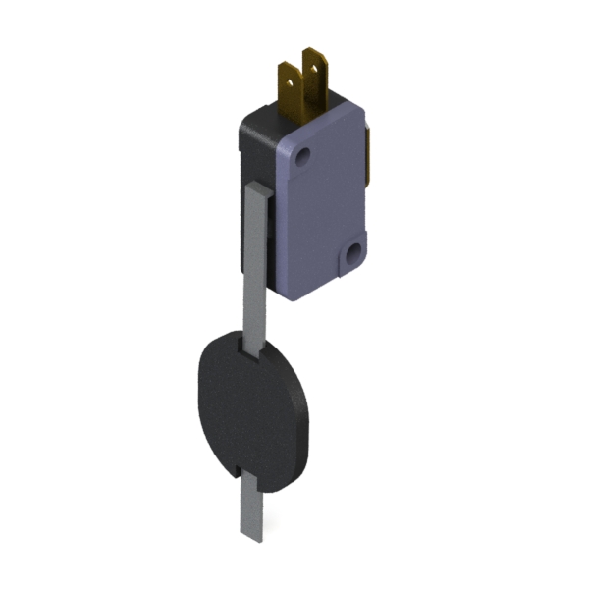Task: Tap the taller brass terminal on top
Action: pyautogui.click(x=316, y=79)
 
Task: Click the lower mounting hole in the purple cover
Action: pyautogui.click(x=352, y=257)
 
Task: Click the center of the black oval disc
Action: pyautogui.click(x=250, y=407)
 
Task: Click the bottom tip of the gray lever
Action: pyautogui.click(x=251, y=535)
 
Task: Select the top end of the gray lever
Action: pyautogui.click(x=254, y=187)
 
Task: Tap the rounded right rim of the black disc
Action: pyautogui.click(x=304, y=412)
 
